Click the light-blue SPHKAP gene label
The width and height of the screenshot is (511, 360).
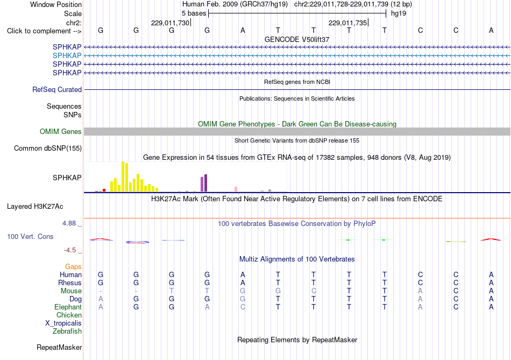tap(67, 55)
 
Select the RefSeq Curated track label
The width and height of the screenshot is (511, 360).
tap(56, 89)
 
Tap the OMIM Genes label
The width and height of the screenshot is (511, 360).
tap(60, 131)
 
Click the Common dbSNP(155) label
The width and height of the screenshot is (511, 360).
tap(47, 148)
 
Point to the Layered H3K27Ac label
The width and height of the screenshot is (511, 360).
tap(35, 207)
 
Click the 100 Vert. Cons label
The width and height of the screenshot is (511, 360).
tap(30, 236)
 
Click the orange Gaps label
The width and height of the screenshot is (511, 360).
tap(73, 267)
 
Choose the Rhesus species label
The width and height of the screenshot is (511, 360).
tap(70, 283)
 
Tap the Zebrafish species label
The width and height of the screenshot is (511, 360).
tap(67, 331)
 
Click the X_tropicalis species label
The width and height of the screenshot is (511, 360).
tap(63, 323)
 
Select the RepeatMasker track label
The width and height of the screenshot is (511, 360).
tap(59, 347)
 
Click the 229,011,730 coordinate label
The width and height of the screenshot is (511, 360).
tap(170, 23)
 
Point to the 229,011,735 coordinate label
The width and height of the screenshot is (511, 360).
tap(347, 23)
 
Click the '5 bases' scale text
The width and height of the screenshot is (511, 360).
tap(194, 13)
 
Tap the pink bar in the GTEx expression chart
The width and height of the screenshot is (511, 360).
tap(236, 189)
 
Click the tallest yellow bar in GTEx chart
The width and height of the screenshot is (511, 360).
tap(123, 177)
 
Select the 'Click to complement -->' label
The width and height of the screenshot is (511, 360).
tap(44, 31)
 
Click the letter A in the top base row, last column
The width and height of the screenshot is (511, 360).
tap(491, 30)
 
